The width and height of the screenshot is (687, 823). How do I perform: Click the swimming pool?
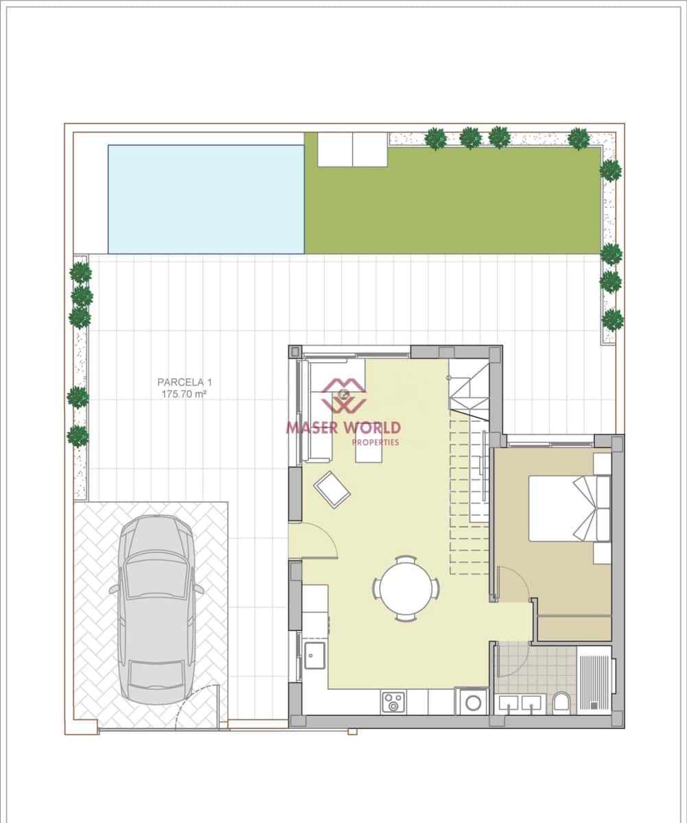(206, 199)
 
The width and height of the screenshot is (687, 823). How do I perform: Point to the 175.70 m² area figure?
(183, 394)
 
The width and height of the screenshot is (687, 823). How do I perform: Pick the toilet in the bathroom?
(561, 701)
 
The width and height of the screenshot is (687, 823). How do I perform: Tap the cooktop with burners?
(394, 702)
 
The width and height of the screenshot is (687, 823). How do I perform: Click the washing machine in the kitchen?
(473, 702)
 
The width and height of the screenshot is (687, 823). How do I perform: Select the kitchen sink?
(316, 654)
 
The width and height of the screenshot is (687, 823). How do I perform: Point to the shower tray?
(594, 681)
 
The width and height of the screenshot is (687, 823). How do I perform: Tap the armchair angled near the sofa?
(332, 489)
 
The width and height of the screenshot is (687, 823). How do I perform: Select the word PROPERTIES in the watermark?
(375, 442)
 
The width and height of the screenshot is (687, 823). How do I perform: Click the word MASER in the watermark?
(312, 428)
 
